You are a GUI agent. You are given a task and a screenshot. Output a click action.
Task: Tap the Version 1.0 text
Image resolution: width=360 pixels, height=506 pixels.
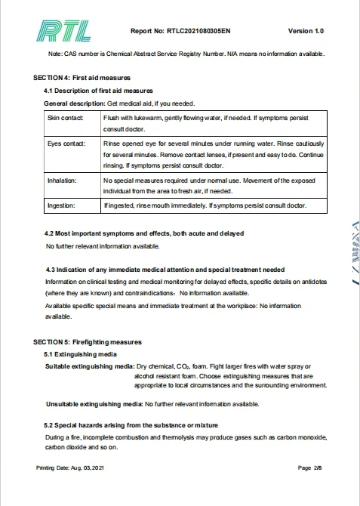(306, 31)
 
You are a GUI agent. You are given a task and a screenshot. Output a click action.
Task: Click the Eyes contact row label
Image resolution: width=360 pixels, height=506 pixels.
(66, 143)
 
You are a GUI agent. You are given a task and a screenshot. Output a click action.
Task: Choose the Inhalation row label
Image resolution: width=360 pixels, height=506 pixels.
(62, 180)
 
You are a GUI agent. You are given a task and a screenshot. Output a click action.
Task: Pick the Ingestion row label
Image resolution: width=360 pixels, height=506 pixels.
(61, 205)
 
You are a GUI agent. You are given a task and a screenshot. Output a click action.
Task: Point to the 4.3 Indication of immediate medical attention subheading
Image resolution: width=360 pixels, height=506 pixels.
(165, 269)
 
